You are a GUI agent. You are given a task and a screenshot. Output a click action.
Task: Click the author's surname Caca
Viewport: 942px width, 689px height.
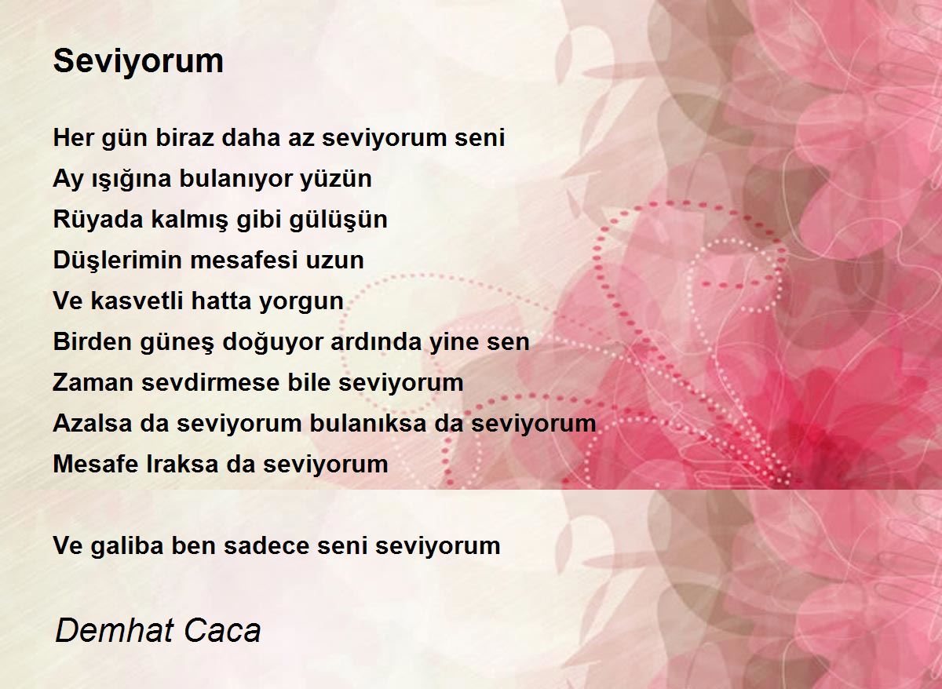[222, 630]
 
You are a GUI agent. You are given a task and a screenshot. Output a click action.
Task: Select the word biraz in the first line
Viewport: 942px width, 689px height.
[185, 137]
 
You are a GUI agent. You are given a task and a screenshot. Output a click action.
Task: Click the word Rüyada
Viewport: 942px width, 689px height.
[98, 220]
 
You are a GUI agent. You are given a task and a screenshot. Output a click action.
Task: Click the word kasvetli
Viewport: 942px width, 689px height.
[137, 301]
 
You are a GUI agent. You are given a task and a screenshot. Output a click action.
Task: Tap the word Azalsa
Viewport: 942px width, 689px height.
[93, 423]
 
